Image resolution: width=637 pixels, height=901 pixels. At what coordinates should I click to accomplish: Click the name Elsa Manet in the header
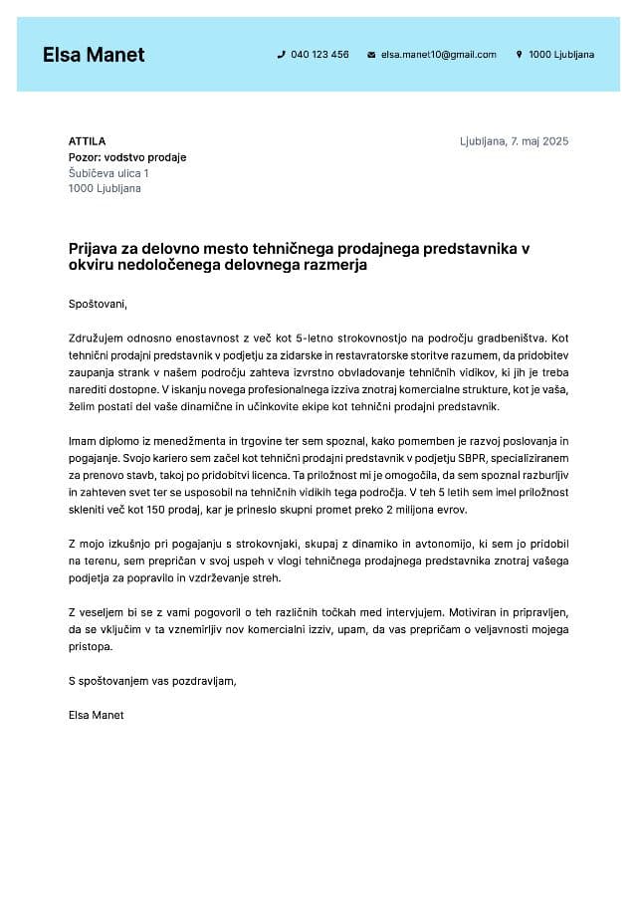(94, 55)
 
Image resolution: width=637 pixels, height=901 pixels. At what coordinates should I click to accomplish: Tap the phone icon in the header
(281, 55)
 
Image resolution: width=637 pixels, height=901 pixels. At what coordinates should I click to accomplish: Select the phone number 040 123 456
(319, 55)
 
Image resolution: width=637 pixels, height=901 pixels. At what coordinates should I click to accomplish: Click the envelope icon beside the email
(371, 55)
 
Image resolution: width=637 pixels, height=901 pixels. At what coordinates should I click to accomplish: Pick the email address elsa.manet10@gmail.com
(438, 55)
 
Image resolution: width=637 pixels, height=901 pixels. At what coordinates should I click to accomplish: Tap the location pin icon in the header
(519, 55)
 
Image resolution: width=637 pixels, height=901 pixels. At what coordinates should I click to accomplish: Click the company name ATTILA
(87, 141)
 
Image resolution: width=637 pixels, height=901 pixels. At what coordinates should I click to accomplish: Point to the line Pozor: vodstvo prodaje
(127, 157)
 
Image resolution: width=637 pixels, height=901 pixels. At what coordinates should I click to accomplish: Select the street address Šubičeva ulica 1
(108, 173)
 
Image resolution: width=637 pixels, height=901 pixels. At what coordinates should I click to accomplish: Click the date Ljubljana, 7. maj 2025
(514, 141)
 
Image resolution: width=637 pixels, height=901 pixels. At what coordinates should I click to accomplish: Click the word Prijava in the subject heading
(94, 248)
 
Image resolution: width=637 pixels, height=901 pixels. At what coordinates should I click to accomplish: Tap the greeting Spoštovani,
(99, 304)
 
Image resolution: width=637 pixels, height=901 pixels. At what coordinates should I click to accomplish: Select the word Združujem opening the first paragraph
(98, 338)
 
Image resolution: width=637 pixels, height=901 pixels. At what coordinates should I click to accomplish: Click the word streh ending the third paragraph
(267, 577)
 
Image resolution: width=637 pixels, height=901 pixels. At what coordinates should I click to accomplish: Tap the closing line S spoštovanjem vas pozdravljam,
(152, 681)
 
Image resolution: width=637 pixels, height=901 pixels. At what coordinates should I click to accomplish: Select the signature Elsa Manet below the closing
(97, 715)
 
